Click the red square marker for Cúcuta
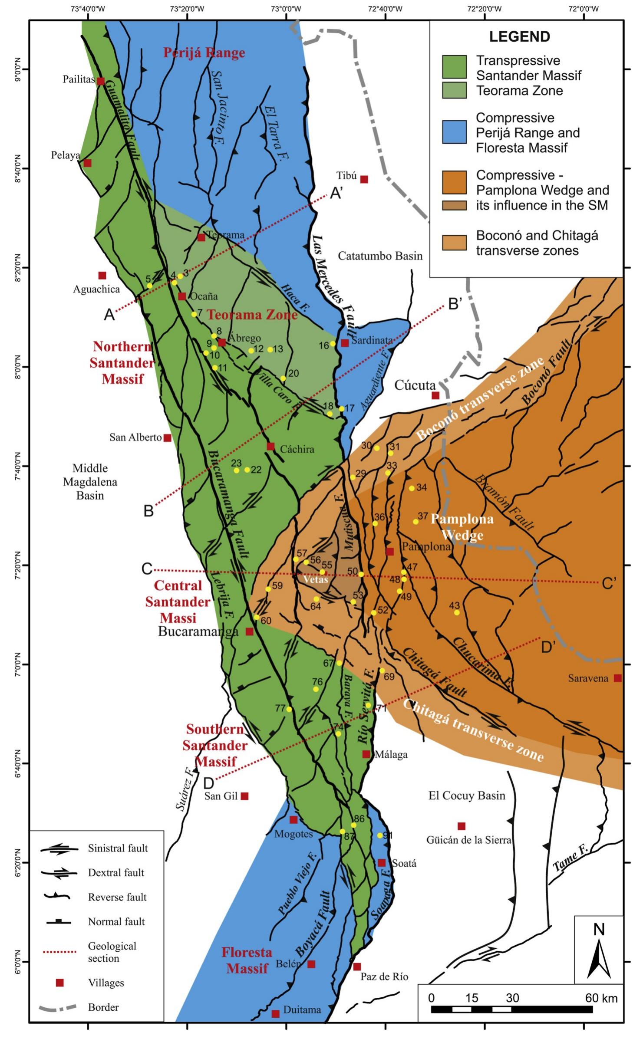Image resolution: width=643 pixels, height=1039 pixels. [x=435, y=395]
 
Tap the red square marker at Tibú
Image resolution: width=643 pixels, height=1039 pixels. [x=364, y=179]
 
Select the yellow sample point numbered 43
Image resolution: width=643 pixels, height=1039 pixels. [x=457, y=612]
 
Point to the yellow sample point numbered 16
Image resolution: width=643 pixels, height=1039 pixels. [x=333, y=344]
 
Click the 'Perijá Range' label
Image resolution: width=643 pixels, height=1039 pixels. [x=204, y=53]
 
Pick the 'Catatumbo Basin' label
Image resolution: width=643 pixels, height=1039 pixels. [x=380, y=256]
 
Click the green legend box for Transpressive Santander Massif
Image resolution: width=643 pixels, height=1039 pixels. [x=454, y=67]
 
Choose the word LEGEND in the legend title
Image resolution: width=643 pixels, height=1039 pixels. [x=520, y=37]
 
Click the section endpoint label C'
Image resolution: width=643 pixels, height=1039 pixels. [x=609, y=584]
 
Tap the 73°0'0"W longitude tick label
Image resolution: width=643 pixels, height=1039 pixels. [x=286, y=7]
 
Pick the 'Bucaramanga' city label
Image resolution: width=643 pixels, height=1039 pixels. [x=198, y=631]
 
